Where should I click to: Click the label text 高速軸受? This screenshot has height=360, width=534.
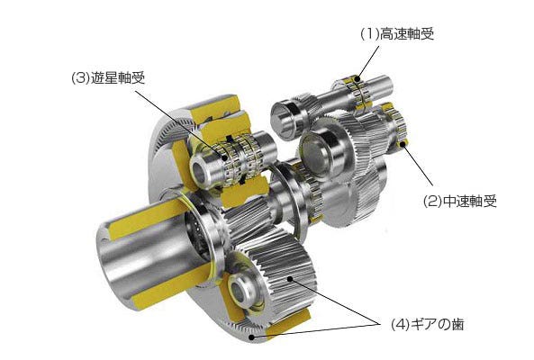pos(410,34)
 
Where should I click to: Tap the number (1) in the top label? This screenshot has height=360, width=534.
pos(368,34)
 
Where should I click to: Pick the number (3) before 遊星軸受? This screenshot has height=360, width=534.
pos(78,78)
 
